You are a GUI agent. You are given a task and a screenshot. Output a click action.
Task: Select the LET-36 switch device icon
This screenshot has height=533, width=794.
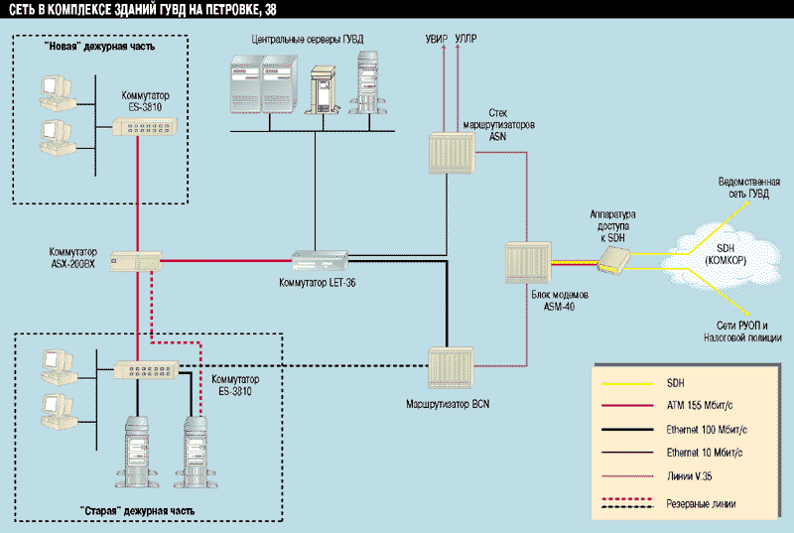[x=320, y=260]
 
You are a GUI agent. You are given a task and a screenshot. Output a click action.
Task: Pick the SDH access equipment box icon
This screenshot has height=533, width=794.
[x=613, y=258]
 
